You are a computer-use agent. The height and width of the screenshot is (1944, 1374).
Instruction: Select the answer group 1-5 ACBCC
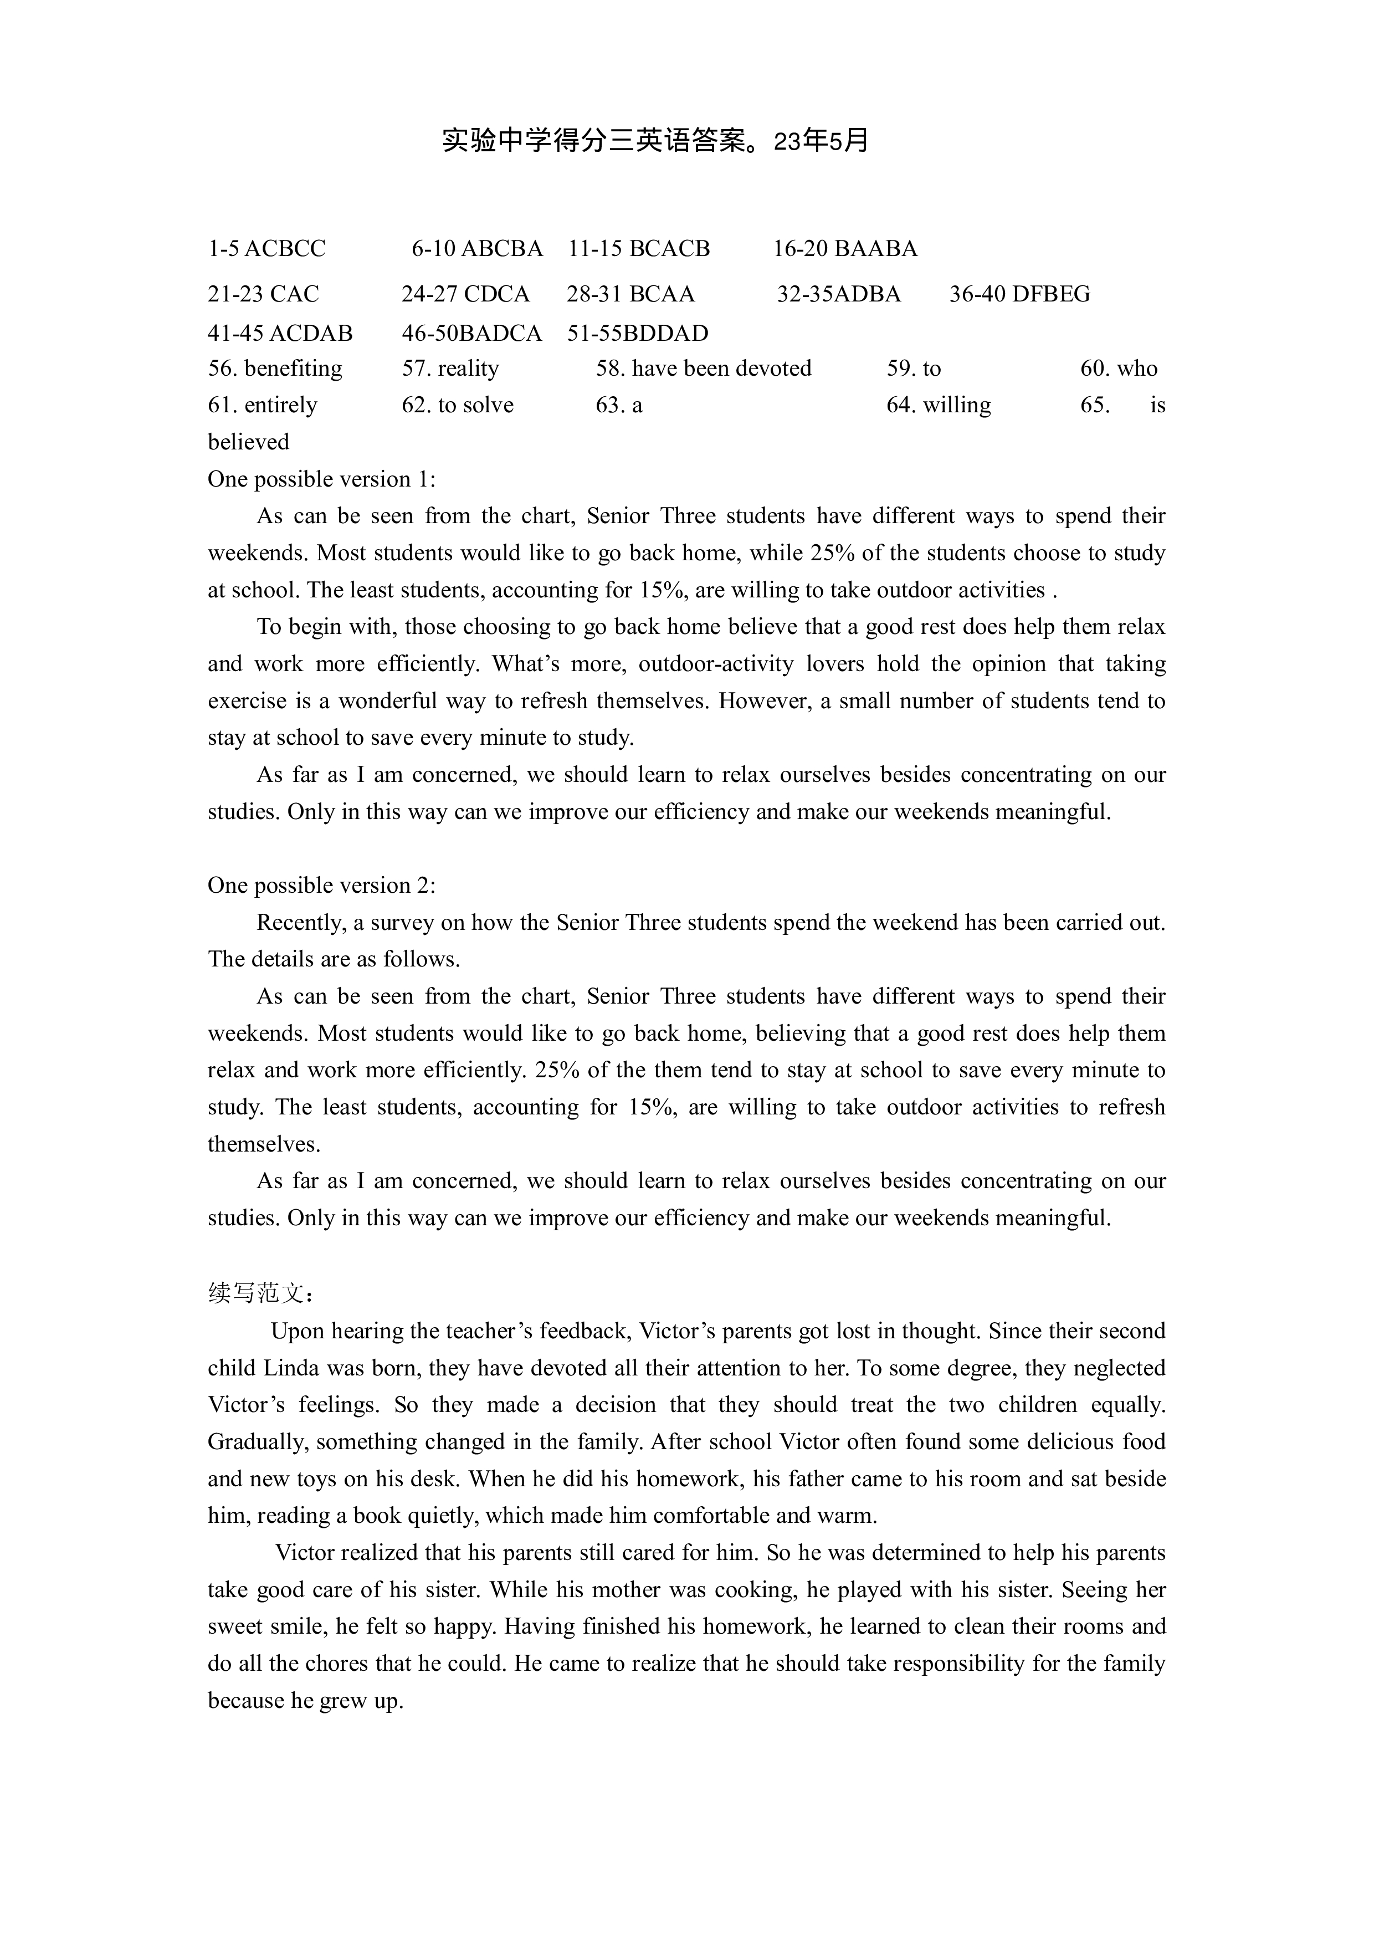266,249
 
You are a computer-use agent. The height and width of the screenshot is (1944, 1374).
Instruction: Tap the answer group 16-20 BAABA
845,249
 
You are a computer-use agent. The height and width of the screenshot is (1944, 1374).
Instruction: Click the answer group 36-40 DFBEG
1019,295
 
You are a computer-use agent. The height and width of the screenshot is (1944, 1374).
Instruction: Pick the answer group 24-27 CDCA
465,295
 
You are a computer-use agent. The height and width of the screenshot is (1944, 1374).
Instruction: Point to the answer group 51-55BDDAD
638,334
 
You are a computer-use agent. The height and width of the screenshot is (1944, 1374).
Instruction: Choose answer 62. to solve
457,406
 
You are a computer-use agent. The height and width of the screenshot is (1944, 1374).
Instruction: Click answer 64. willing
938,406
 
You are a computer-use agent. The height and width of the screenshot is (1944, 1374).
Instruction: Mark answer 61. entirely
263,406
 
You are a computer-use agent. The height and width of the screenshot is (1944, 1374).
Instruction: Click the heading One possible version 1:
322,480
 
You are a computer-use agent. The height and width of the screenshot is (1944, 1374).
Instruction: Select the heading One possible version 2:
322,886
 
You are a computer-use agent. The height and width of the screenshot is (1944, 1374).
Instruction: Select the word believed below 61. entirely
248,443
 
